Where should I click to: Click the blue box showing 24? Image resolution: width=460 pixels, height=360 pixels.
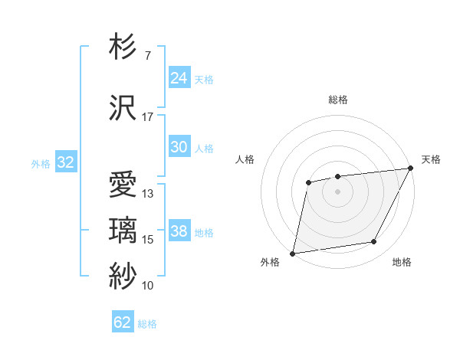(x=179, y=77)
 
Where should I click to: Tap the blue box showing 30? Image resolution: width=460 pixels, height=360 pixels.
(x=179, y=147)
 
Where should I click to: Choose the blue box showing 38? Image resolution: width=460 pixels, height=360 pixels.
(x=179, y=231)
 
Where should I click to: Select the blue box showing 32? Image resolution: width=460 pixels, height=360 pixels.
(x=65, y=162)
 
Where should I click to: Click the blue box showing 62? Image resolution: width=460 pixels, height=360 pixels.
(x=123, y=322)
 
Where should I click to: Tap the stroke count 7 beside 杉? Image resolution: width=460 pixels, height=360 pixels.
(x=147, y=56)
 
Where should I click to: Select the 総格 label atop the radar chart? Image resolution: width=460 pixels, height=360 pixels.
(x=338, y=100)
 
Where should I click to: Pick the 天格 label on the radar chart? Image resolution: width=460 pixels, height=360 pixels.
(x=431, y=159)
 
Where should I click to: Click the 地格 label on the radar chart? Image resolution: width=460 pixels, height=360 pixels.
(x=402, y=262)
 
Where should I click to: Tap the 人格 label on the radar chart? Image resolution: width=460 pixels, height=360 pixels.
(x=245, y=159)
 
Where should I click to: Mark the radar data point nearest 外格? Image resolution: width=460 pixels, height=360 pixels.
(x=292, y=253)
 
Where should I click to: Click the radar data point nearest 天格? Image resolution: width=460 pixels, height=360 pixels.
(x=411, y=168)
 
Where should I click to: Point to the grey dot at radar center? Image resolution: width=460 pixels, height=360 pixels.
(x=337, y=191)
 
